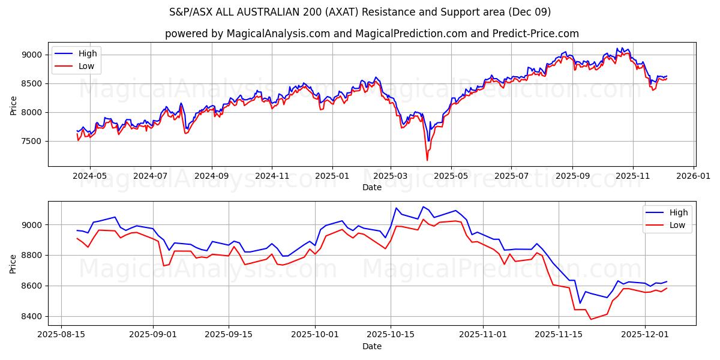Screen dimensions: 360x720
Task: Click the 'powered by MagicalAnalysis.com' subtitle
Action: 372,34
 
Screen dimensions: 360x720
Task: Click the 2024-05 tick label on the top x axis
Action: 90,176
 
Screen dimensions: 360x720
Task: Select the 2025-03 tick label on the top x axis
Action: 391,176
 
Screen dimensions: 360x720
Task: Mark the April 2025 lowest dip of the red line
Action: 427,160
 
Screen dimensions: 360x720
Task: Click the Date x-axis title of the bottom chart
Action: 372,347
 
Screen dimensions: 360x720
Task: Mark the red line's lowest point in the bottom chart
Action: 591,319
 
